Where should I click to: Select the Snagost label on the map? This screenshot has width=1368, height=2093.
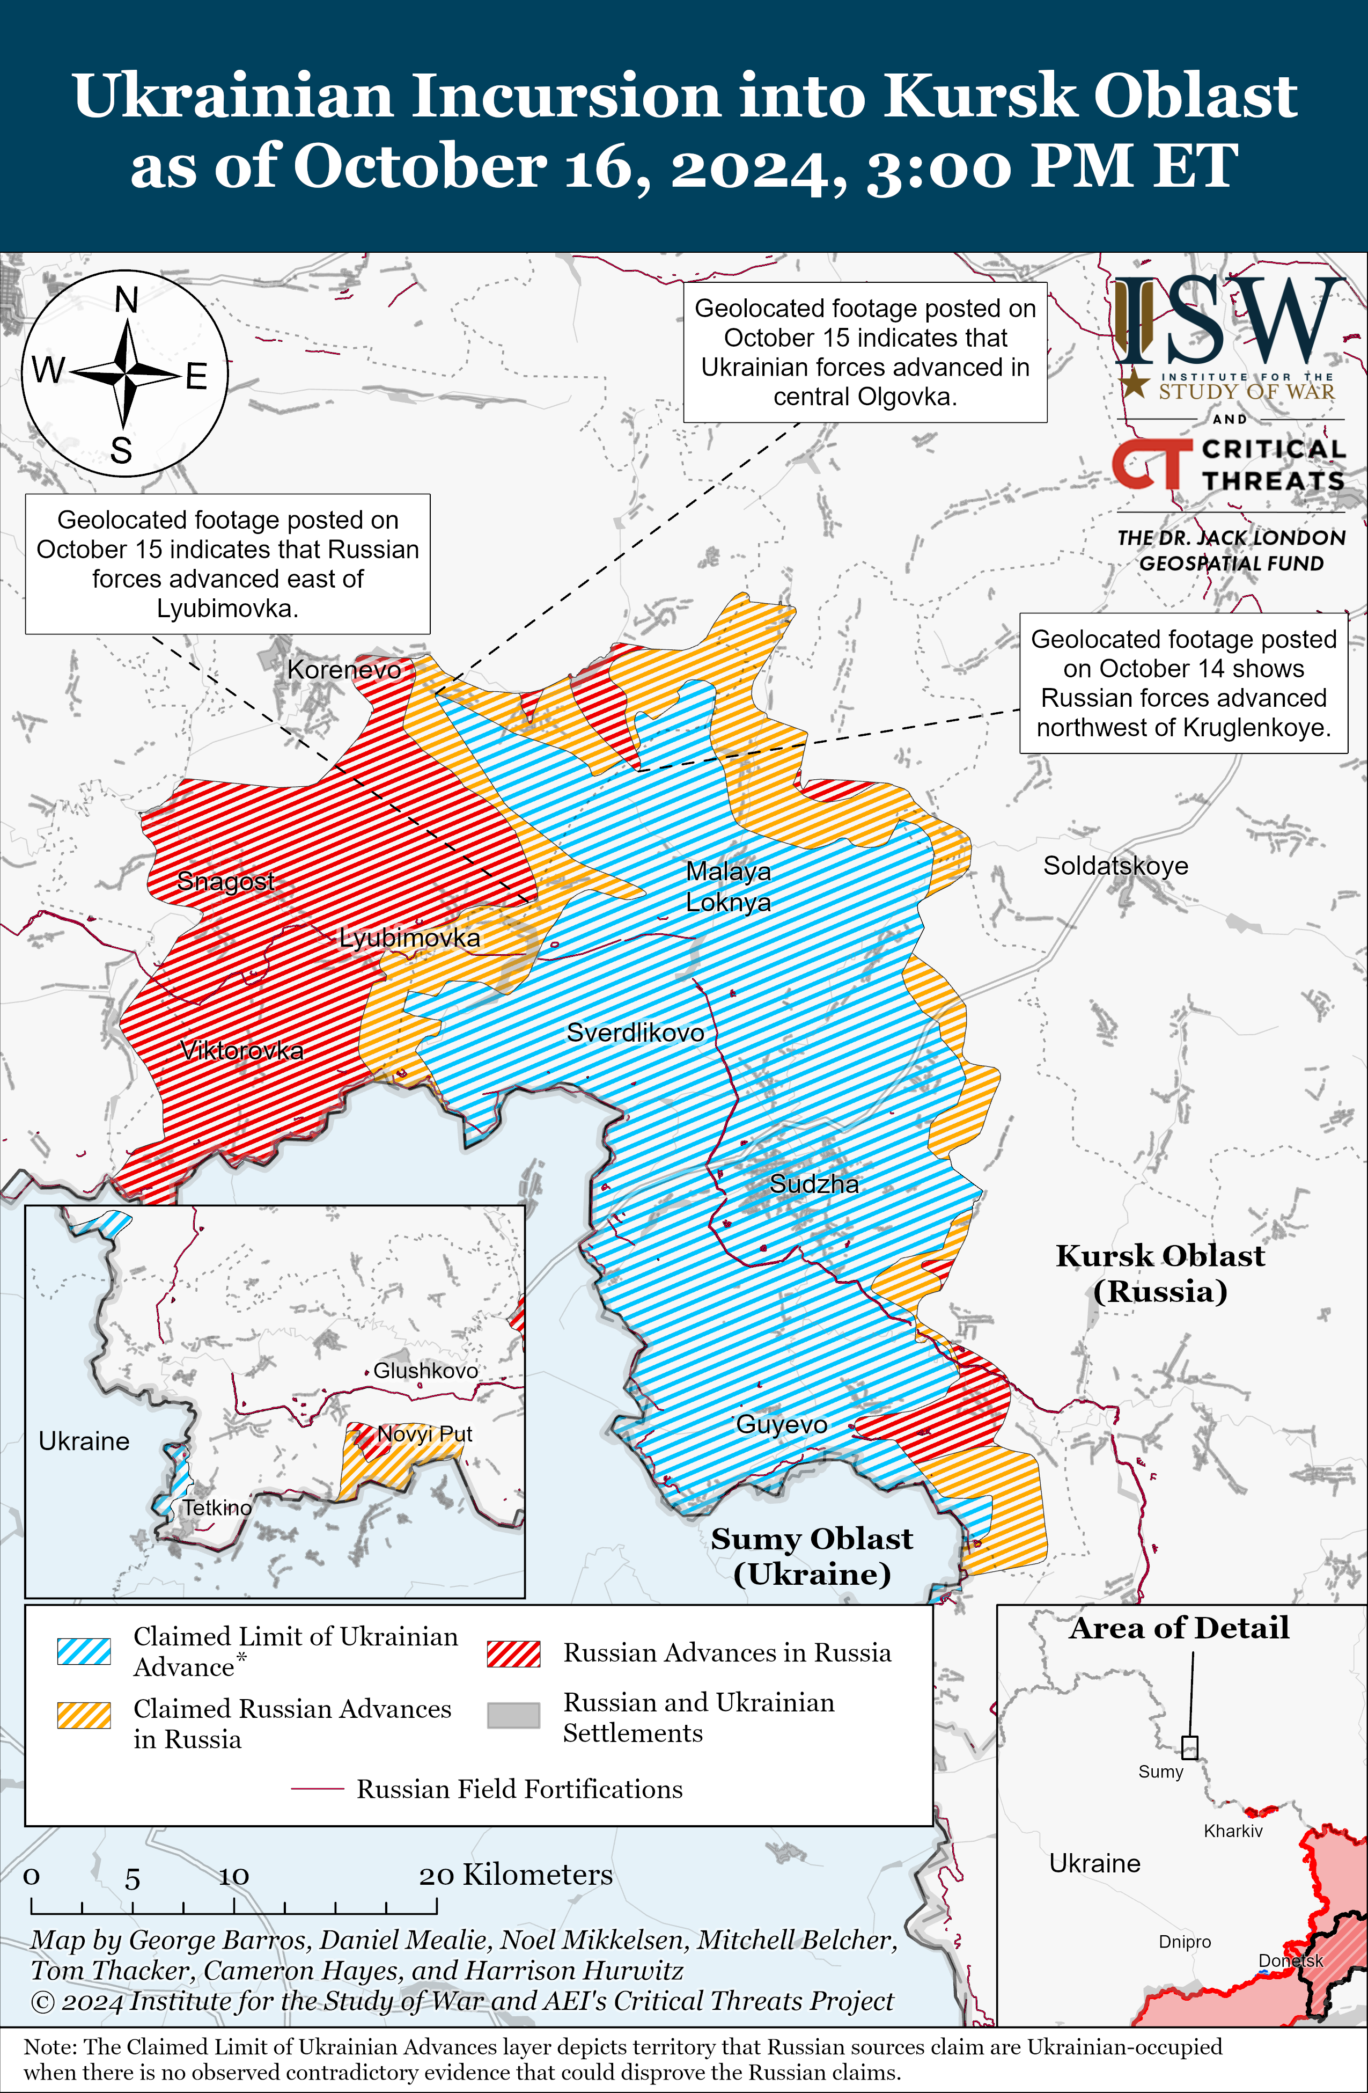click(225, 880)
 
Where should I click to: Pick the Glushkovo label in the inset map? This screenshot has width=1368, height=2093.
click(425, 1370)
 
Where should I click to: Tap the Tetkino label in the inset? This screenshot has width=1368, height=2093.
click(216, 1507)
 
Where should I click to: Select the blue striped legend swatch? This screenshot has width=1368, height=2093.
click(84, 1651)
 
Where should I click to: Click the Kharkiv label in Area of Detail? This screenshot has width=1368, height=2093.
click(1233, 1831)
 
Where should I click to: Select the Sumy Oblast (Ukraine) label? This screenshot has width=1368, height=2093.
click(812, 1556)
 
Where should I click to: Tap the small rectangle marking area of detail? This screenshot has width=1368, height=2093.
click(1189, 1746)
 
